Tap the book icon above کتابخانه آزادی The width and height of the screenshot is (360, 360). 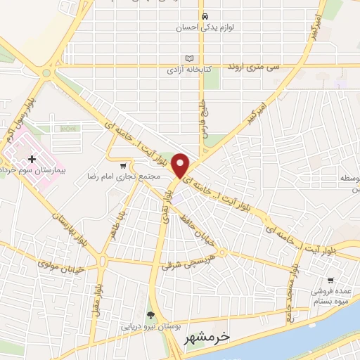coord(188,58)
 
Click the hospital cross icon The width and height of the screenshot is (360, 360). coord(32,160)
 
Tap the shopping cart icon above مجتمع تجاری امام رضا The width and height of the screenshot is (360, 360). coord(124,165)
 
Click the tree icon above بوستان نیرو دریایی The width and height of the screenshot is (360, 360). coord(149,315)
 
